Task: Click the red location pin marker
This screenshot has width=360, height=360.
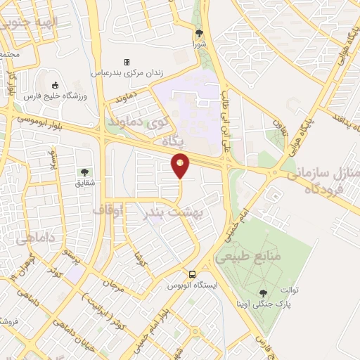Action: click(181, 165)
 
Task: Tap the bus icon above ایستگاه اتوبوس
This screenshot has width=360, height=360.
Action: click(192, 274)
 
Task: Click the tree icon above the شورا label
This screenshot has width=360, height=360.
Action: click(199, 32)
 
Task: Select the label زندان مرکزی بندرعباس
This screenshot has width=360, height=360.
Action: click(127, 72)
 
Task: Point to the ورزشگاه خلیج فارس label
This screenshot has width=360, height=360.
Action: click(54, 96)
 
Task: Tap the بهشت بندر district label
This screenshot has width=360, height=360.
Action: click(172, 211)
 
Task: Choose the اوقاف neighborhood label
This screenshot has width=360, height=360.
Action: click(108, 210)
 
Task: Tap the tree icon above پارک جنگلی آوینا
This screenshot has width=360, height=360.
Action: click(263, 292)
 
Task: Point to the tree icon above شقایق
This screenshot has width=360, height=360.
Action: click(84, 172)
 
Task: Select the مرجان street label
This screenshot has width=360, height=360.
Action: click(114, 285)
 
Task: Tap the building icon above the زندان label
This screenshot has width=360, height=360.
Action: click(127, 62)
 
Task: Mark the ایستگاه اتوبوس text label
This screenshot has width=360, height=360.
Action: click(193, 285)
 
